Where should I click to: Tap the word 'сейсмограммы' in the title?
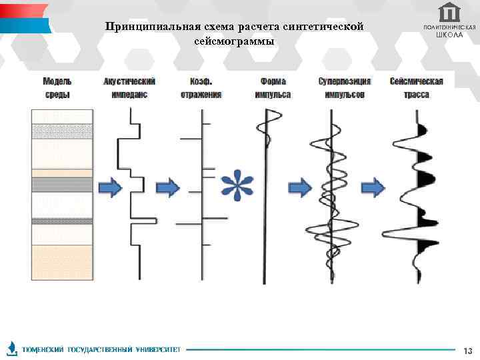pos(234,41)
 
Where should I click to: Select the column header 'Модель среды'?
pos(58,87)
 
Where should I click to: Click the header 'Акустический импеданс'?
pos(130,87)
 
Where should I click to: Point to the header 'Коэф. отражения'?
pos(201,87)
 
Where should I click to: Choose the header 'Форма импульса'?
pos(273,87)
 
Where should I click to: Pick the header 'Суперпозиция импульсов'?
pos(345,87)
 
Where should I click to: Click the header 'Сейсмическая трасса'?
pos(417,87)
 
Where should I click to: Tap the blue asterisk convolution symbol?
pos(237,185)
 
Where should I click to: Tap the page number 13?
pos(467,351)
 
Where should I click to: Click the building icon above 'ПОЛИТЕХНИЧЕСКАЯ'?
pos(450,12)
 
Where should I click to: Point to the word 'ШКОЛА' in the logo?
pos(449,35)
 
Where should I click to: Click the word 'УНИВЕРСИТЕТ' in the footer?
pos(158,349)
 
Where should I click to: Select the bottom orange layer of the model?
pos(61,263)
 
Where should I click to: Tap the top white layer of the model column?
pos(61,117)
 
